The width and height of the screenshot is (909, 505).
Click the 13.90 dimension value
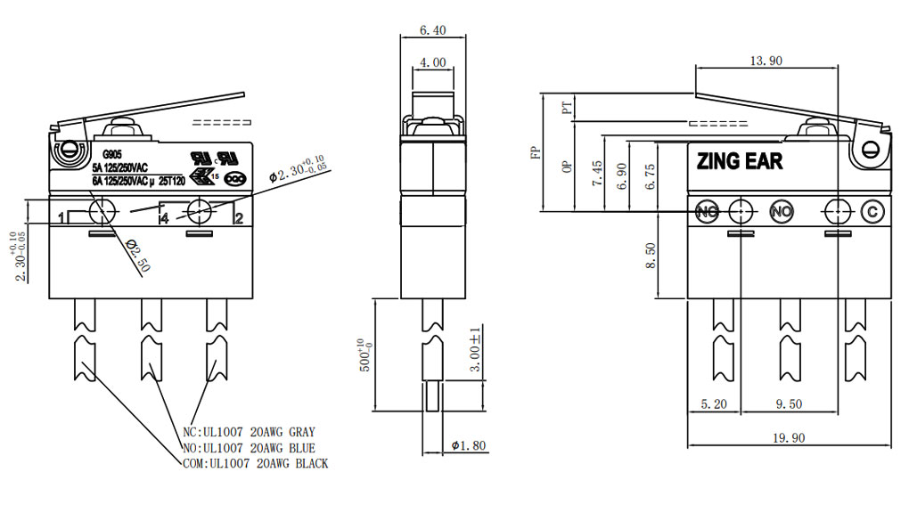point(766,61)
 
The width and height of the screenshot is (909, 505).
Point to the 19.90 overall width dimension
point(790,437)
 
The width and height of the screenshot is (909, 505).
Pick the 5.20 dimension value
point(715,403)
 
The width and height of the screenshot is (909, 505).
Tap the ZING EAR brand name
point(739,161)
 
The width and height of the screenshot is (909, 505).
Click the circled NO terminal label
point(781,212)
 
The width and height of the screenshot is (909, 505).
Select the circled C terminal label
point(873,212)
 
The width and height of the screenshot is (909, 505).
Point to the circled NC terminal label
point(707,212)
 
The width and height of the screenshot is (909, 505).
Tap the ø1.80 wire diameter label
point(469,445)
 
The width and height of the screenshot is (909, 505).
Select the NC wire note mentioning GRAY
point(249,432)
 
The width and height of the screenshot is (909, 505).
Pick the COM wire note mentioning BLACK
point(253,463)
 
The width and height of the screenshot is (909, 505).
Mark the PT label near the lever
point(565,109)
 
